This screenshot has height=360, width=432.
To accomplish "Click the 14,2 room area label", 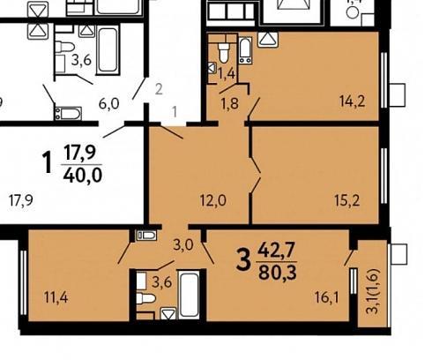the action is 352,101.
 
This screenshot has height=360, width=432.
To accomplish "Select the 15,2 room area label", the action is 346,201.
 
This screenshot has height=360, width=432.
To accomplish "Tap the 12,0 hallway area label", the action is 213,201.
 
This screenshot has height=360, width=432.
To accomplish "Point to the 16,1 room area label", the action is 327,297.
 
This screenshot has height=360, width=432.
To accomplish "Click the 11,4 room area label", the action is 56,297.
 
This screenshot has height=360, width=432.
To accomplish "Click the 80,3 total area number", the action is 278,274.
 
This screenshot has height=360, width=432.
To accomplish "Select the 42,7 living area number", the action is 276,251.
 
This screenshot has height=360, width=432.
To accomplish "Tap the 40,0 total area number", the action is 83,176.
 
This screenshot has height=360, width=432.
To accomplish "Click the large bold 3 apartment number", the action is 243,260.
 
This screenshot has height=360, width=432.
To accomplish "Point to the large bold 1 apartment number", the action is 47,162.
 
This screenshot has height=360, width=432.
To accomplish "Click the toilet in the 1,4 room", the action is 224,53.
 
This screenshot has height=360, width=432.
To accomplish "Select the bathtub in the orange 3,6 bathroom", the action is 189,295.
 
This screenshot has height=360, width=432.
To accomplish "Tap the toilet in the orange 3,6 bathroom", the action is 145,298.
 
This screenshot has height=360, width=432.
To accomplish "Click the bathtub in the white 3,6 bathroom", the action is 108,49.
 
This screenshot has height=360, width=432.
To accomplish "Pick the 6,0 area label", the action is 108,104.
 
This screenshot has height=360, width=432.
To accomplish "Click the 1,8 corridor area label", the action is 230,103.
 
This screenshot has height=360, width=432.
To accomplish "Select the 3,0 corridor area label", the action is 183,244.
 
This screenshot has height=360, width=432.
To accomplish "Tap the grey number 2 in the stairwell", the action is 159,89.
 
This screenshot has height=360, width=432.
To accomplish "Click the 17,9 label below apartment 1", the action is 20,200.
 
